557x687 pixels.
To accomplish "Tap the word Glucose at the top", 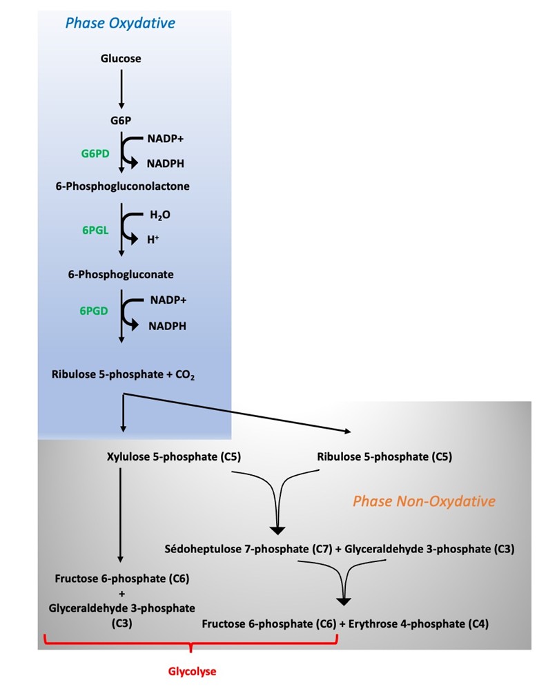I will pos(121,59).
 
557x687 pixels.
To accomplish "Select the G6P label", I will pos(121,121).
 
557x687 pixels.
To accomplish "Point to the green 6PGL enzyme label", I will pos(96,231).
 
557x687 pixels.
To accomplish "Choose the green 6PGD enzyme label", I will pos(95,311).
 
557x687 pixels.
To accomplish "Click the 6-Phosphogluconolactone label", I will pos(123,186).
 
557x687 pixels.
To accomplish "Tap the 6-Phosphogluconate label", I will pos(121,274).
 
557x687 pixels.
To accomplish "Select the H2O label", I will pos(160,215).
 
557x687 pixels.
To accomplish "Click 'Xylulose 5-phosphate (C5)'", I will pos(174,457).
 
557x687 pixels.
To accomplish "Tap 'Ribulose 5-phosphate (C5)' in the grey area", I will pos(384,457).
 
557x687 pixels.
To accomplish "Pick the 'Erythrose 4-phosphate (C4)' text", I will pos(419,624).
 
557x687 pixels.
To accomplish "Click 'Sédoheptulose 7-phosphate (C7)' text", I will pos(248,549).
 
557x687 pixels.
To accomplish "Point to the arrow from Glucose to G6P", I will pos(121,89).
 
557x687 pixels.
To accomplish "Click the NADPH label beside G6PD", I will pos(166,164).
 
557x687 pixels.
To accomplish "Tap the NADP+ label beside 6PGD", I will pos(168,300).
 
